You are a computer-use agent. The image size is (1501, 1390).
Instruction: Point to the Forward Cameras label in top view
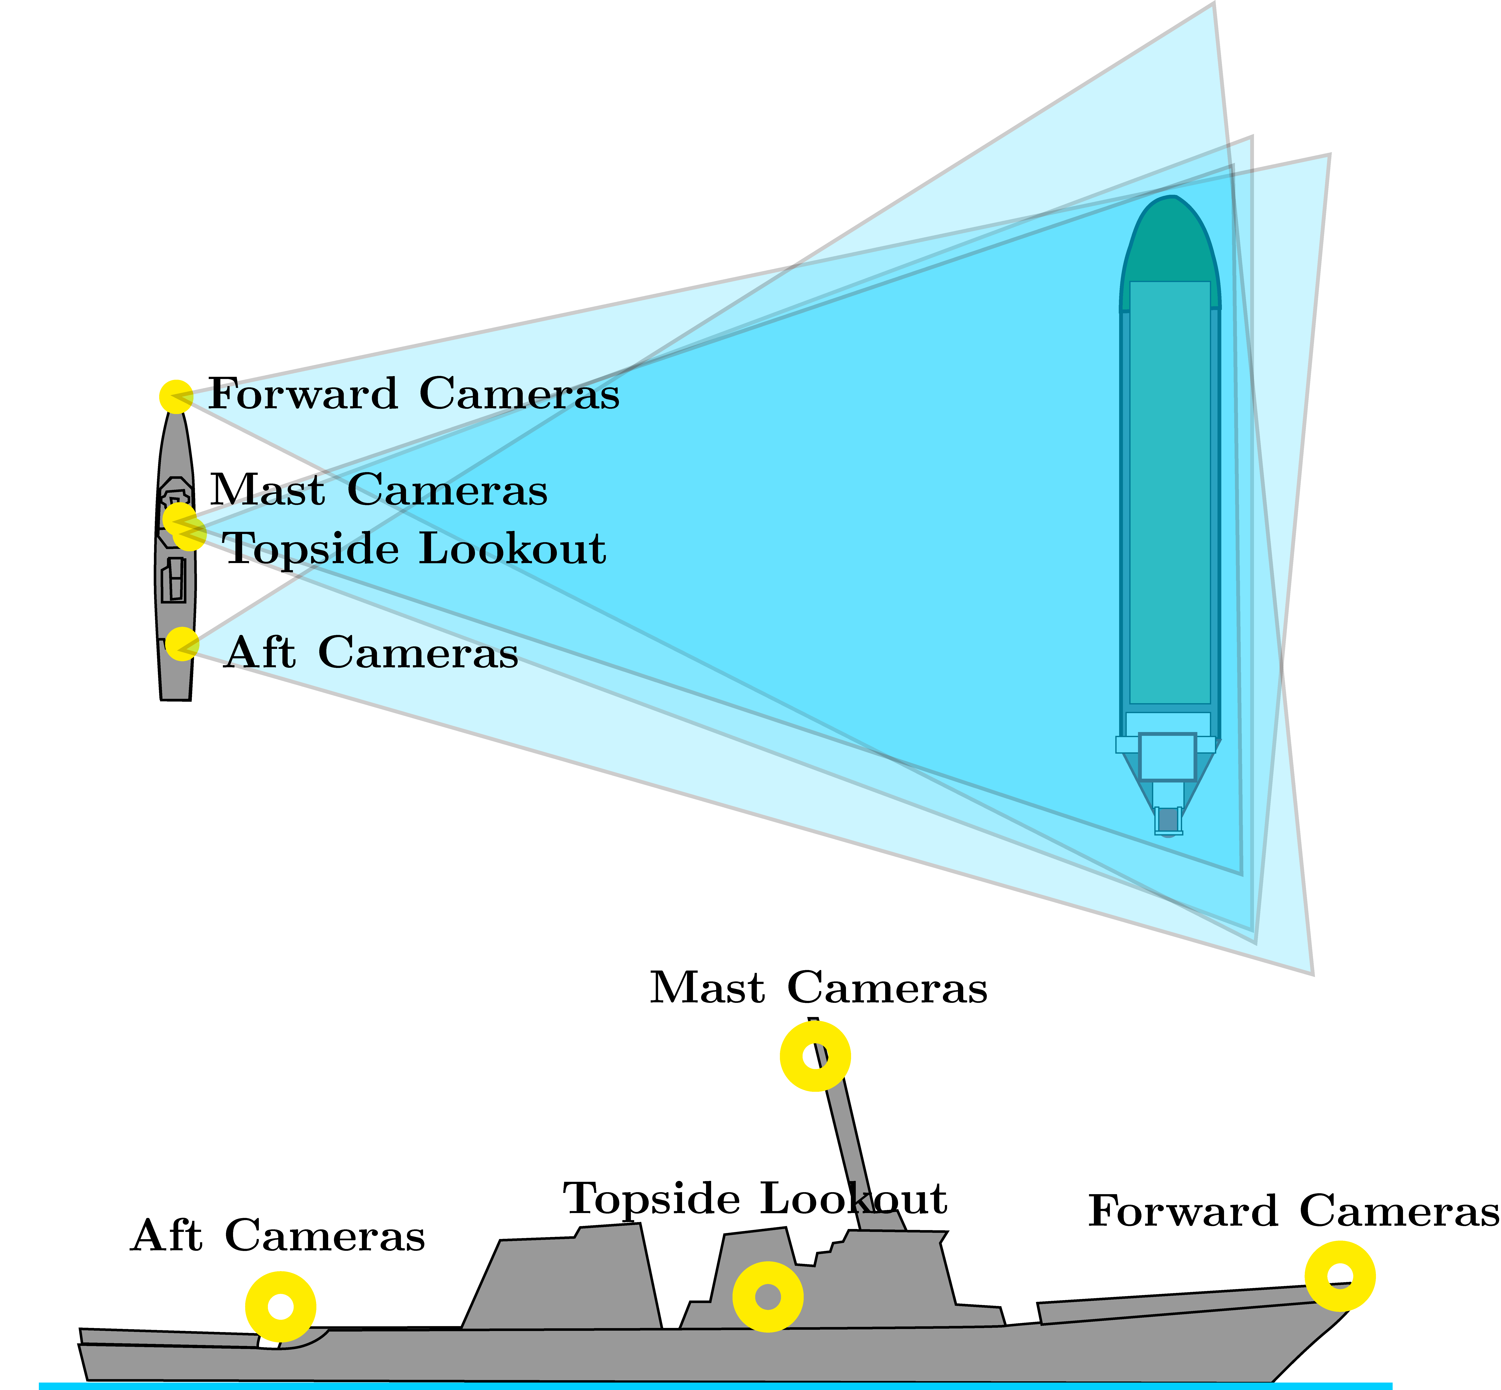(x=414, y=393)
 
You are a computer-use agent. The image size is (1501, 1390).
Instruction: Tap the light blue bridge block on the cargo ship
(x=1168, y=756)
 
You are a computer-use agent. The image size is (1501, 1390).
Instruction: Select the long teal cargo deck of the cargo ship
(x=1169, y=493)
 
